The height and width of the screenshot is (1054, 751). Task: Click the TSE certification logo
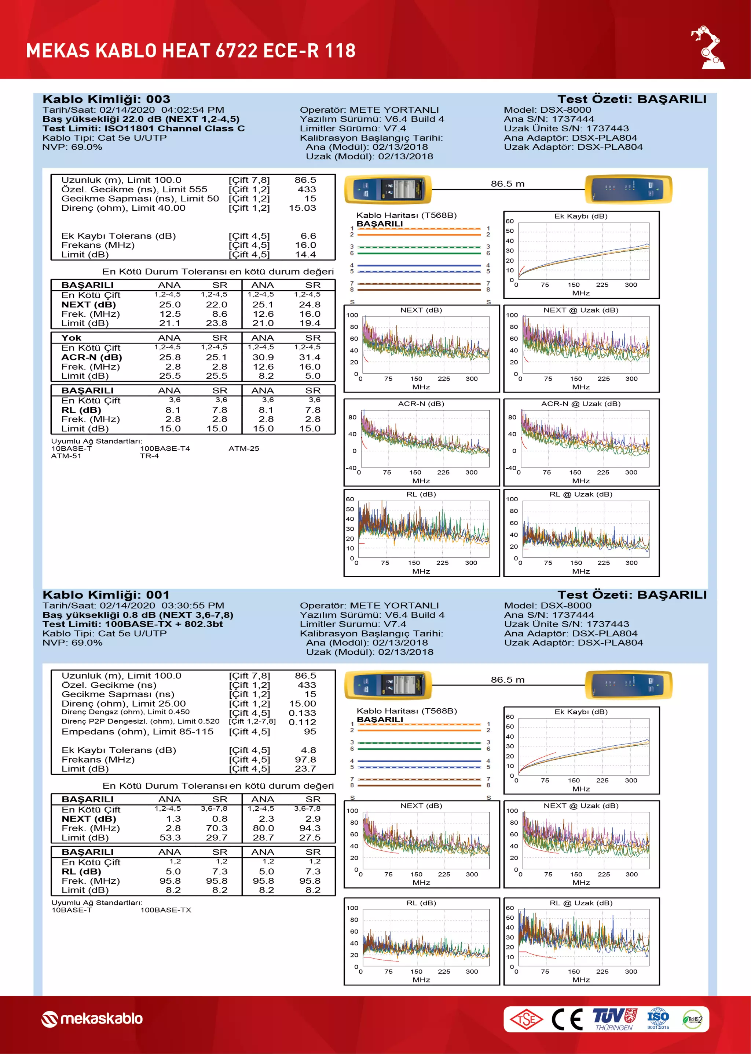(526, 1019)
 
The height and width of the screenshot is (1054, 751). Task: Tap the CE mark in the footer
(567, 1019)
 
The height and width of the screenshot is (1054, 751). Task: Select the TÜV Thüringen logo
(615, 1019)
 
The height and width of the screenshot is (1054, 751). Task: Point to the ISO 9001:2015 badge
(657, 1018)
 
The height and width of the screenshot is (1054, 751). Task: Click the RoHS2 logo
(692, 1019)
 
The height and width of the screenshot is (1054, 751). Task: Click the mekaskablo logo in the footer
(92, 1018)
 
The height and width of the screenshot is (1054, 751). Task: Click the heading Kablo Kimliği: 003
(106, 99)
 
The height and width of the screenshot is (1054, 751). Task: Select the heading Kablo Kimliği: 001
(106, 595)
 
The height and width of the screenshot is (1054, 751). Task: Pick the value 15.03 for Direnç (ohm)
(303, 208)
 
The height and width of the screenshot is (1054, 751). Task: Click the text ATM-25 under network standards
(244, 448)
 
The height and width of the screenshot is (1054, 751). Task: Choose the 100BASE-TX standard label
(165, 910)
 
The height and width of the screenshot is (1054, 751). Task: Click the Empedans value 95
(310, 731)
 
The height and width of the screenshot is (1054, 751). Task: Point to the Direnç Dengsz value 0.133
(303, 713)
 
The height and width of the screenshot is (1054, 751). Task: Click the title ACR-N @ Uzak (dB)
(581, 403)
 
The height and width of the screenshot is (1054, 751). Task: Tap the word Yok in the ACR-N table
(71, 338)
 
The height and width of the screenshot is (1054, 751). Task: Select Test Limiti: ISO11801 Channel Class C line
(143, 128)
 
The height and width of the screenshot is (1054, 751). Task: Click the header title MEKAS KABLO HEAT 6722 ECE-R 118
(191, 50)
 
